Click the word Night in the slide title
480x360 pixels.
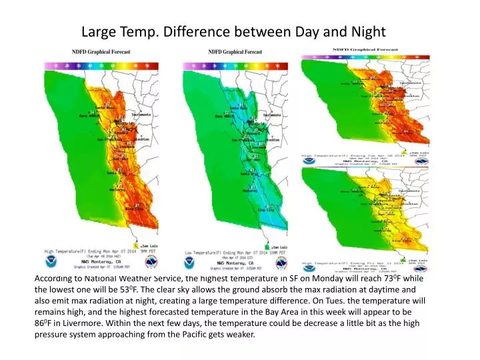point(367,31)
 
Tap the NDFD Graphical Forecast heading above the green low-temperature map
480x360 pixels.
point(235,51)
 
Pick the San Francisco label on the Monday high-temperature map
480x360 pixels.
point(110,139)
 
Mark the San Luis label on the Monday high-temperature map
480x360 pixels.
point(149,246)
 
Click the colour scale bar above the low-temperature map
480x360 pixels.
point(235,66)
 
